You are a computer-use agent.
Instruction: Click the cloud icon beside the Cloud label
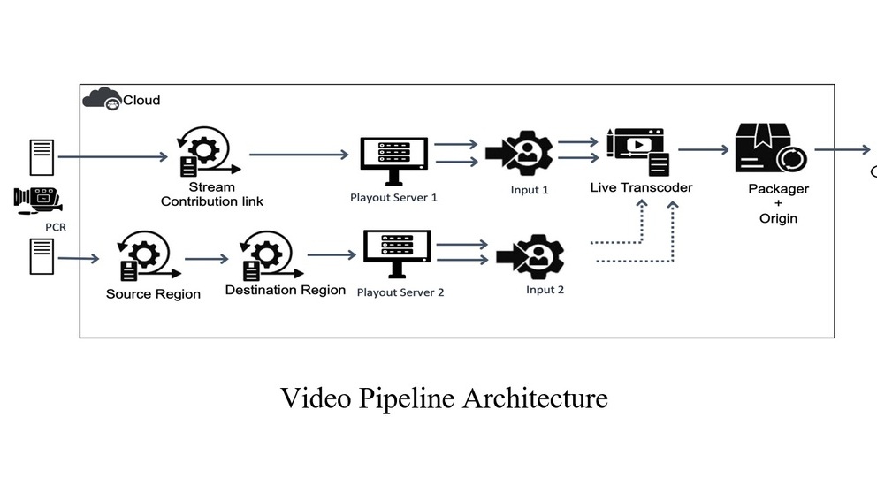(101, 99)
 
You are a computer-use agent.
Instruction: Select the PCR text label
(57, 227)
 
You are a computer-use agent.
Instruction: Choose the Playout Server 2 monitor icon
(397, 253)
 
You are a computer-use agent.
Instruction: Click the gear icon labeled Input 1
(526, 153)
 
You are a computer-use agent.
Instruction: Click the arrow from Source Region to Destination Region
(207, 260)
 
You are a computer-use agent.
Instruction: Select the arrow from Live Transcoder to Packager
(704, 150)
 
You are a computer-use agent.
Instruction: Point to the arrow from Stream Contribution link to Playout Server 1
(299, 155)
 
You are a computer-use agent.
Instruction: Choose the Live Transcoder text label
(642, 187)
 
